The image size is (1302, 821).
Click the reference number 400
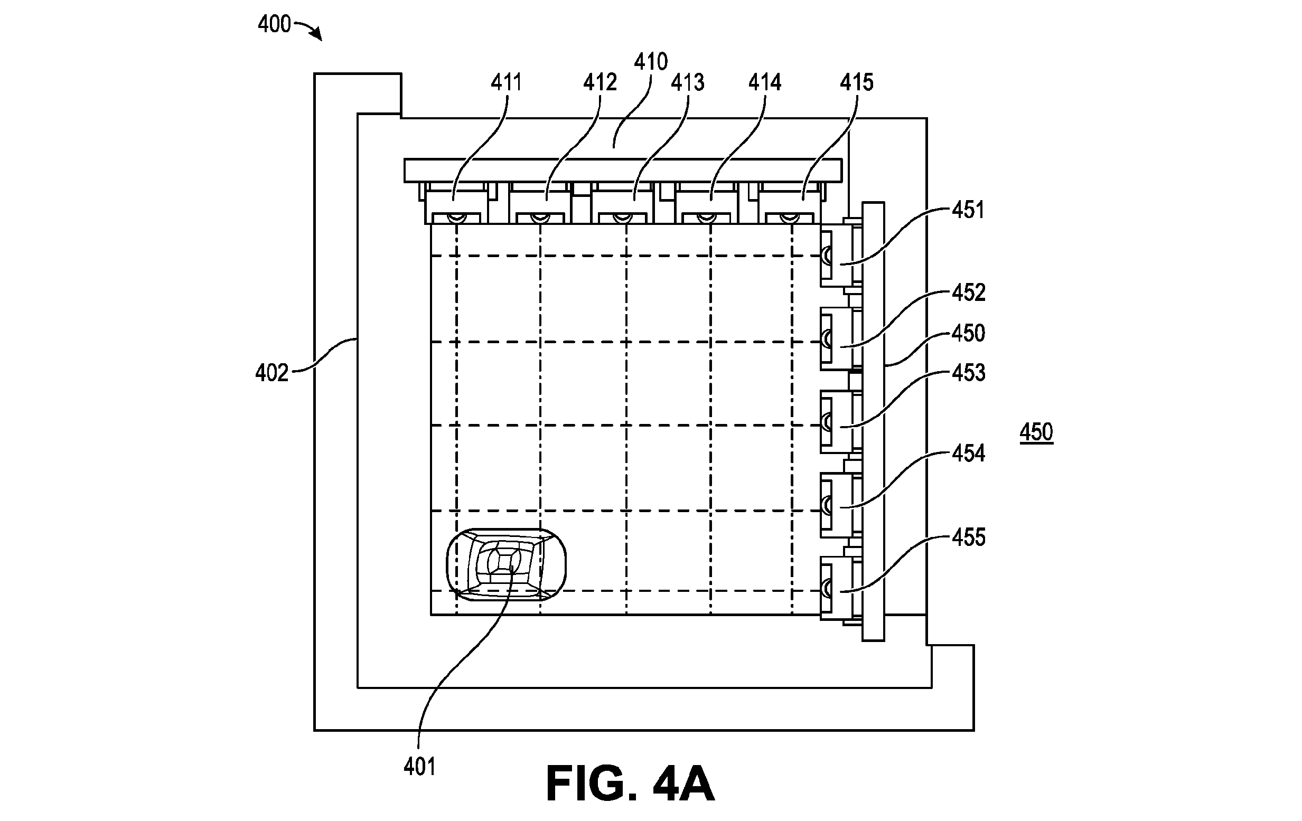coord(274,25)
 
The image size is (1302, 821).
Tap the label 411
coord(507,83)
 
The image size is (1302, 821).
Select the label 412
coord(600,83)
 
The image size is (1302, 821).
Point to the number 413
coord(688,83)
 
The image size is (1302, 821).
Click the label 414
coord(765,83)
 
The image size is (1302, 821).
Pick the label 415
coord(856,83)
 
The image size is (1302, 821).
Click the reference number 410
coord(651,62)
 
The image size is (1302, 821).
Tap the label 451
coord(968,210)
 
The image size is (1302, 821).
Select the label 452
coord(969,293)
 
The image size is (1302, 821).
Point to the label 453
coord(969,373)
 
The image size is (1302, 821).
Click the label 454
coord(969,454)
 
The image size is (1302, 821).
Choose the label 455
coord(969,538)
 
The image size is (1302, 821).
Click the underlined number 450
coord(1036,432)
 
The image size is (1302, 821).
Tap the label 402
coord(272,373)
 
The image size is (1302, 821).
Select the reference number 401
coord(419,767)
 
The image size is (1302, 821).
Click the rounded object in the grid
coord(506,564)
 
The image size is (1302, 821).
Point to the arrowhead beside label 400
coord(317,35)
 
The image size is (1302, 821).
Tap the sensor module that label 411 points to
coord(456,207)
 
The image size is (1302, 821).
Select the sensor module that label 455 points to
coord(837,588)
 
